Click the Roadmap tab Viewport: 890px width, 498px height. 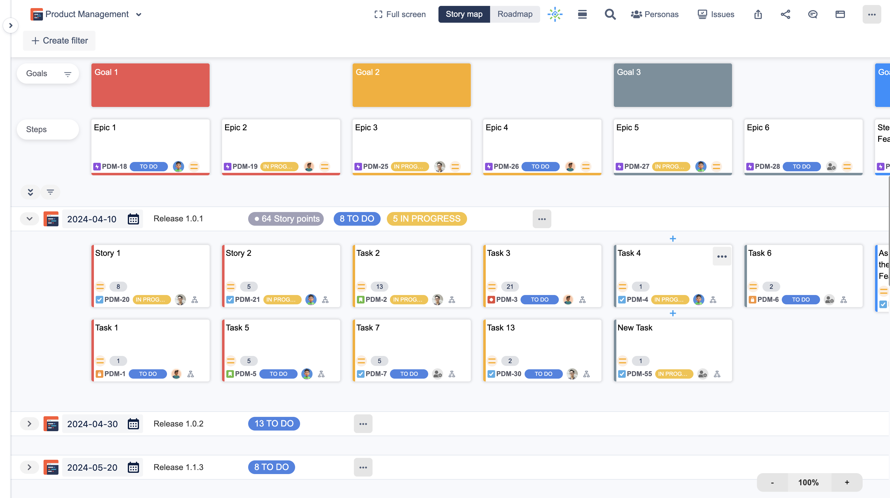coord(514,14)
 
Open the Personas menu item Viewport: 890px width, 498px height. coord(655,14)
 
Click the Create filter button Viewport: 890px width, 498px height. coord(59,41)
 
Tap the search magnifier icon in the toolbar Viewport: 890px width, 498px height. coord(610,14)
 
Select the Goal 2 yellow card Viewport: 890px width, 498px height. coord(411,85)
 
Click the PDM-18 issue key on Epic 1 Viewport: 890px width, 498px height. coord(114,166)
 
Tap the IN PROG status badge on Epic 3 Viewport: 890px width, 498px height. coord(410,166)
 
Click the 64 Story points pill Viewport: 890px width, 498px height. coord(286,219)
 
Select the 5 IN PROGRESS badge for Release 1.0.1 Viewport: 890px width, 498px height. coord(426,219)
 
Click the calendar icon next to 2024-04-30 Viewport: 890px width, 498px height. coord(133,424)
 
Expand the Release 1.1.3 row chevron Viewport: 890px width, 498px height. coord(29,467)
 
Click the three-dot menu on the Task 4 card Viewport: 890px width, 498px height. coord(722,256)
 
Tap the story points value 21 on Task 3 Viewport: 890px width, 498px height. coord(510,287)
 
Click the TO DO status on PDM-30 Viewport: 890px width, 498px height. coord(543,374)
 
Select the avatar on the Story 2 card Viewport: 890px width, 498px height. coord(311,299)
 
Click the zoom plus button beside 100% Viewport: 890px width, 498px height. coord(847,482)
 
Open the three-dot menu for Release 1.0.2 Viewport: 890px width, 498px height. coord(363,424)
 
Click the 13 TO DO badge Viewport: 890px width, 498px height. coord(274,424)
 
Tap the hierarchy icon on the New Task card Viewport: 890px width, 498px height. coord(717,374)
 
